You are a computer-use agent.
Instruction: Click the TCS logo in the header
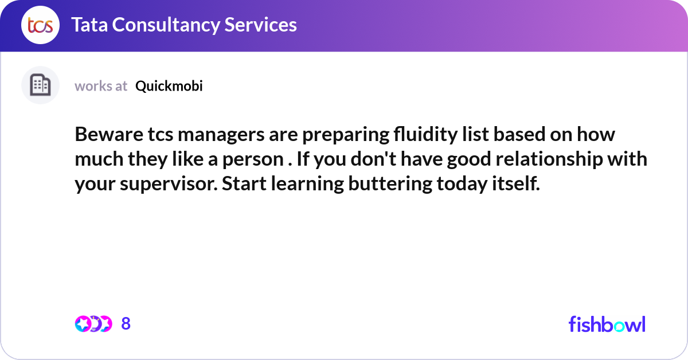[x=40, y=25]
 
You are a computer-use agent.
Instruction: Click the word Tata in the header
[x=89, y=25]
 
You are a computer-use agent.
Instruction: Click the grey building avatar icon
[x=40, y=85]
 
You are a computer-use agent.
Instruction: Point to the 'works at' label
[x=101, y=86]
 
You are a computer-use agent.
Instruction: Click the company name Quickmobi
[x=169, y=86]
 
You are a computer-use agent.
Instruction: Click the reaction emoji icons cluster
[x=93, y=324]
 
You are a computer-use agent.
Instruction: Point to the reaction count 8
[x=126, y=324]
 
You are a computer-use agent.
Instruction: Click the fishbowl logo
[x=607, y=324]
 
